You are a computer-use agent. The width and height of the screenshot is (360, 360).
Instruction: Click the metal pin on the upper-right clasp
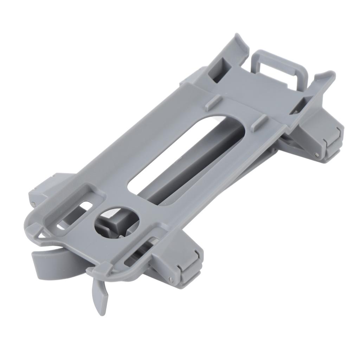317,154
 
